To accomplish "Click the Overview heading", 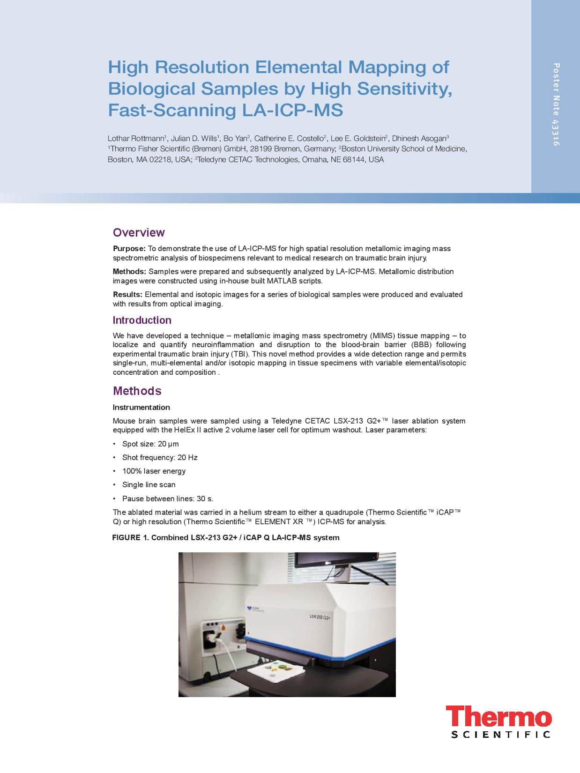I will (139, 232).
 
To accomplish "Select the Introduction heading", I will (142, 320).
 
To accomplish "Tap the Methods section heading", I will (137, 391).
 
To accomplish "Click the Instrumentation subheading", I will (141, 407).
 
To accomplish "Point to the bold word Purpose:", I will (129, 248).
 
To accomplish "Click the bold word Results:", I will (127, 294).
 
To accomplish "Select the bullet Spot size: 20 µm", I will (150, 444).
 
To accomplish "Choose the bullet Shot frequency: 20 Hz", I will (159, 457).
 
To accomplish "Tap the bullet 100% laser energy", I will (154, 471).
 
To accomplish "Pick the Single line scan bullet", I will (149, 484).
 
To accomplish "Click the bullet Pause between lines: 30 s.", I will (167, 498).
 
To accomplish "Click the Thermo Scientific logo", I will (498, 722).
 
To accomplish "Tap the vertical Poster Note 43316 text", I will (556, 104).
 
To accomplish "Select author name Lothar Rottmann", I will (136, 138).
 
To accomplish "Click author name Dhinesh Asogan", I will (419, 138).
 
